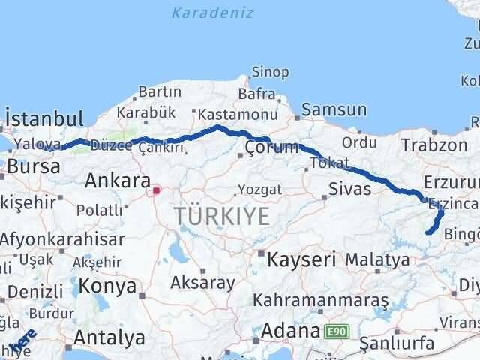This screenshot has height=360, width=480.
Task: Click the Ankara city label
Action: [x=116, y=180]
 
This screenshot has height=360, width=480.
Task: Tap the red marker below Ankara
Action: [x=156, y=191]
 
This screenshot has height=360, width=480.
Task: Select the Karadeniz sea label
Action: [x=212, y=13]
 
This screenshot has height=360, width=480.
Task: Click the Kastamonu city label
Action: [x=228, y=115]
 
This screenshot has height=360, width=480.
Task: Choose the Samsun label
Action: [x=334, y=110]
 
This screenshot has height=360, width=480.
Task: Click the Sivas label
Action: [x=350, y=188]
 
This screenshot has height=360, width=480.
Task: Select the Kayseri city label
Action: [x=302, y=259]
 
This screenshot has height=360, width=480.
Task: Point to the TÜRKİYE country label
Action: [x=221, y=217]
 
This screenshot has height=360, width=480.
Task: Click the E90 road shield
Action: [x=336, y=330]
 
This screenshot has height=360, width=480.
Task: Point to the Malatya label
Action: [x=377, y=259]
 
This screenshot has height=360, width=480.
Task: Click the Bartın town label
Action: [x=159, y=91]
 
